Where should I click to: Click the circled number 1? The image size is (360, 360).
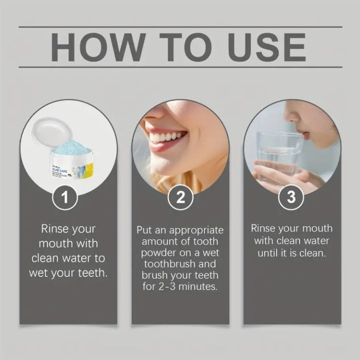point(66,198)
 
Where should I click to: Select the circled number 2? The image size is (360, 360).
point(180,198)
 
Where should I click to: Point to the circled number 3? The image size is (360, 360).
point(291,198)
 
